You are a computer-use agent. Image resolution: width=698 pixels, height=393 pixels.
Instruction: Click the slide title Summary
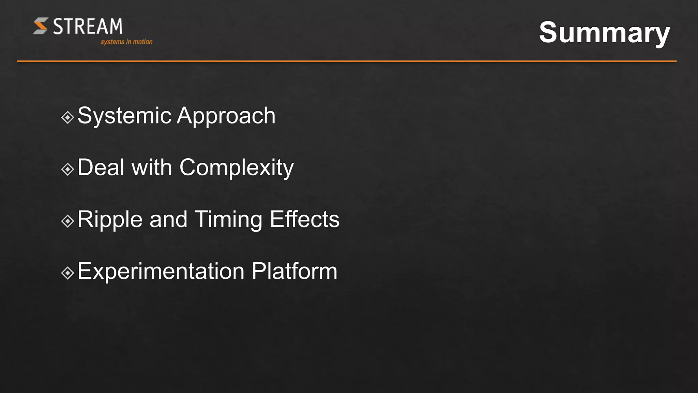604,32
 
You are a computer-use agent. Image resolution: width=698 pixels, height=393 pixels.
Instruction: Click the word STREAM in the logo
88,26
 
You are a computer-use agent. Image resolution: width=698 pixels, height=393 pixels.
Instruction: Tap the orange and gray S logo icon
41,26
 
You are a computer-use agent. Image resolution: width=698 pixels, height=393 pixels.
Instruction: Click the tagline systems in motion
126,42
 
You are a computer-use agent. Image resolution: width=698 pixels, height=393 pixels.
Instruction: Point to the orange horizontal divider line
347,61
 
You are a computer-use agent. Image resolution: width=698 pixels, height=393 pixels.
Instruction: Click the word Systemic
124,116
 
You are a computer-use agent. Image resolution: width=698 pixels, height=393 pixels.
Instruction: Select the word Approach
226,116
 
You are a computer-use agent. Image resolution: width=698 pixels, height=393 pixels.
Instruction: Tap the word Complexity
236,168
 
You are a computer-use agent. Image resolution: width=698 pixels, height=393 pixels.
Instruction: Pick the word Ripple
110,220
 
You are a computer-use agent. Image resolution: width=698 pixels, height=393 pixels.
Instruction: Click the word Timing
228,220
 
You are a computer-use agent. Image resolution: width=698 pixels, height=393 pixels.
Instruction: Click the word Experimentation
161,271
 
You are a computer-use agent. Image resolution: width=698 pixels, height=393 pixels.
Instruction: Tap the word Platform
294,271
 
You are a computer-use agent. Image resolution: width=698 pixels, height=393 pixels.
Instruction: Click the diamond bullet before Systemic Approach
67,117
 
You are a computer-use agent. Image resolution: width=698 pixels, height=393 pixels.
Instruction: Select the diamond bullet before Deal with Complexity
67,169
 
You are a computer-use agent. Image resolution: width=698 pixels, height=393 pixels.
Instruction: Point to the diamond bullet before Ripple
67,221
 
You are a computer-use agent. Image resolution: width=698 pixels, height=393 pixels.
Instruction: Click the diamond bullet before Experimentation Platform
67,273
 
